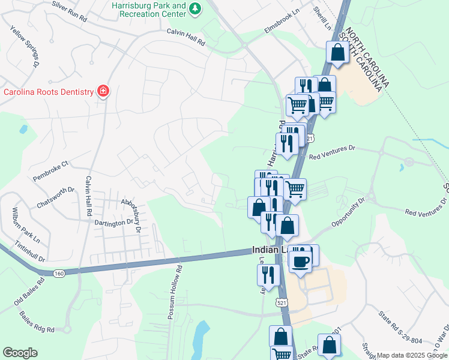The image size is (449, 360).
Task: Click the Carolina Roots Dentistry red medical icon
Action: (x=103, y=92)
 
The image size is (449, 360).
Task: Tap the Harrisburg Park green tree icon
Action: (x=194, y=8)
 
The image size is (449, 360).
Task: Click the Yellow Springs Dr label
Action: (x=25, y=46)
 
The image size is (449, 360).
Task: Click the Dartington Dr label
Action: (x=113, y=223)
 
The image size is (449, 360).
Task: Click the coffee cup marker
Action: (x=300, y=261)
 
